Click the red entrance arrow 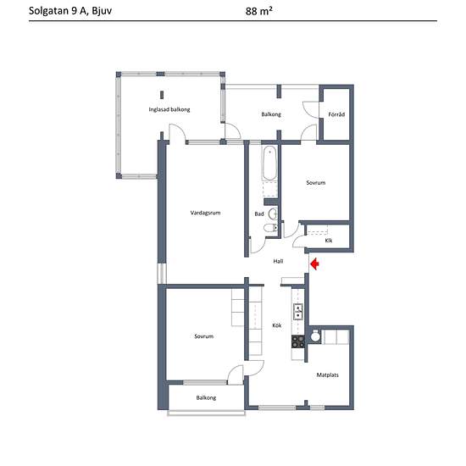point(314,264)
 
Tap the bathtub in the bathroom point(269,163)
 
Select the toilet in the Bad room point(271,228)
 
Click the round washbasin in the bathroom point(273,214)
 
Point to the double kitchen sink point(297,312)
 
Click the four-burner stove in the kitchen point(297,341)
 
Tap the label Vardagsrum point(205,213)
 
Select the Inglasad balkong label point(169,109)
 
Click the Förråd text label point(336,114)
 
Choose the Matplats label point(328,375)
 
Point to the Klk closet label point(329,241)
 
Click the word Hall point(278,261)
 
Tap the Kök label point(277,325)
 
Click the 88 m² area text point(259,11)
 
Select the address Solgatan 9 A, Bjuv point(70,11)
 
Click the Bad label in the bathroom point(259,214)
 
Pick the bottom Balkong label point(206,398)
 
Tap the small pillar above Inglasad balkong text point(162,95)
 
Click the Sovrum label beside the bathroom point(316,182)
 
